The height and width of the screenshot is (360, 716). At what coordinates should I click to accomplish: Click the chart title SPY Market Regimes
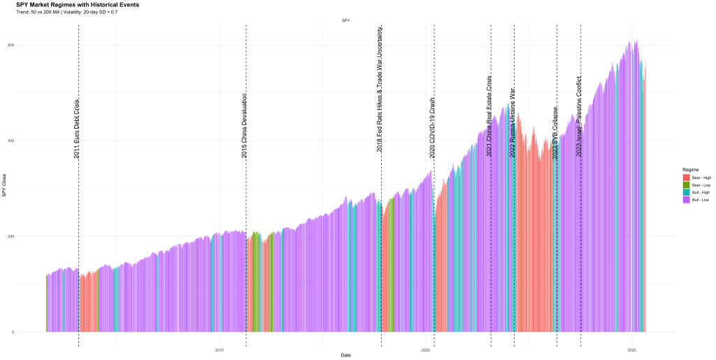pyautogui.click(x=77, y=5)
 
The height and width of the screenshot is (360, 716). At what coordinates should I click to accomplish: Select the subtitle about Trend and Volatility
pyautogui.click(x=66, y=12)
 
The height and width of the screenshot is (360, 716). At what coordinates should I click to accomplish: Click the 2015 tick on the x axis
pyautogui.click(x=220, y=350)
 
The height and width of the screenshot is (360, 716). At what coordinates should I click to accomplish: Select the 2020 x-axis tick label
pyautogui.click(x=425, y=350)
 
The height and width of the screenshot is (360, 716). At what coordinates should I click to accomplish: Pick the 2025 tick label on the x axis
pyautogui.click(x=631, y=350)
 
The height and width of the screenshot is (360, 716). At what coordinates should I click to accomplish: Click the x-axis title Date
pyautogui.click(x=345, y=356)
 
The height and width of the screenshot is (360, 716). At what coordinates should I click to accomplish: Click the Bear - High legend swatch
pyautogui.click(x=686, y=178)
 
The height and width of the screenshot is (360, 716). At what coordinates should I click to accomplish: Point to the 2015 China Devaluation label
pyautogui.click(x=244, y=125)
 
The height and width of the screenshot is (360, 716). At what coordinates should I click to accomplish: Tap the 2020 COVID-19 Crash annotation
pyautogui.click(x=432, y=127)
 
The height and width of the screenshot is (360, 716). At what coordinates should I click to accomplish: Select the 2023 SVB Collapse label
pyautogui.click(x=555, y=133)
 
